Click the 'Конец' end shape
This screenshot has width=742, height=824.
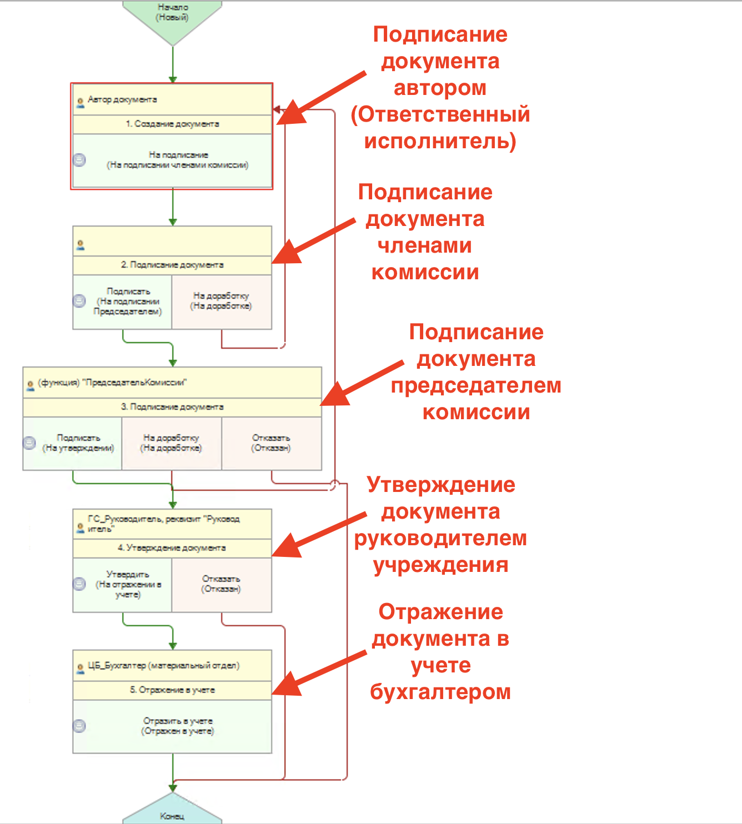[x=172, y=815]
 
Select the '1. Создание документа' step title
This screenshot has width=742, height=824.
[x=172, y=124]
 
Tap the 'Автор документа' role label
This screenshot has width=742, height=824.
[x=122, y=100]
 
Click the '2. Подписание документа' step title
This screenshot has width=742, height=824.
[x=172, y=265]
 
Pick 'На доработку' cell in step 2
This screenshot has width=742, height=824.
[x=221, y=302]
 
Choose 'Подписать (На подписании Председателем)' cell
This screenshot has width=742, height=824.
[x=128, y=302]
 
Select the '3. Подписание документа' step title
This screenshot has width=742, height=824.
[x=172, y=407]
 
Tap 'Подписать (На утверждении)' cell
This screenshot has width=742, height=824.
[x=78, y=443]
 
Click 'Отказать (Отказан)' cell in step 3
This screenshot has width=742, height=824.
[x=271, y=443]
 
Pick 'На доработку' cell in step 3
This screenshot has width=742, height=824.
[x=171, y=443]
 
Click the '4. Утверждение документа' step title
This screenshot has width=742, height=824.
[x=172, y=548]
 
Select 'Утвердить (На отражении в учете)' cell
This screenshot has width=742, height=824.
[x=128, y=585]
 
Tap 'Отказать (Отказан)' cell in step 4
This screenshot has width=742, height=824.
[x=221, y=584]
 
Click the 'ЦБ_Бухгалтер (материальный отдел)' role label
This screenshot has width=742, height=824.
[x=163, y=666]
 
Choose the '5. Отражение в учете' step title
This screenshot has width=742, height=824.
[x=172, y=690]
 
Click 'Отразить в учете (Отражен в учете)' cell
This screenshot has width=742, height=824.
[x=178, y=726]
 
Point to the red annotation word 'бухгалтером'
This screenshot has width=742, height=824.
[x=440, y=692]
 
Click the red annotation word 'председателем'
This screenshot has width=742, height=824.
[x=476, y=385]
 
